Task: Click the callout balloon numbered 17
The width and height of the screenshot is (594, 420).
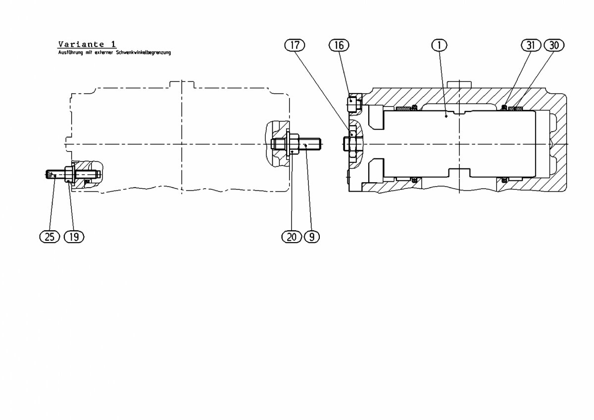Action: [295, 45]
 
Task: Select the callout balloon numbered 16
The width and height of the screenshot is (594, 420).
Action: [339, 45]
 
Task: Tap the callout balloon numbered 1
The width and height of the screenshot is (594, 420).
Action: [440, 45]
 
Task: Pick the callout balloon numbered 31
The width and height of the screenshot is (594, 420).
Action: [531, 45]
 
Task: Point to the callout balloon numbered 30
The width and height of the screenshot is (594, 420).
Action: [554, 45]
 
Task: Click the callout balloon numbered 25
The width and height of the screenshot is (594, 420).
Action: [49, 237]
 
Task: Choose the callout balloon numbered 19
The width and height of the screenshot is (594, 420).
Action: [74, 237]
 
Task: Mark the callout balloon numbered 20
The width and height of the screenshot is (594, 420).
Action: [292, 237]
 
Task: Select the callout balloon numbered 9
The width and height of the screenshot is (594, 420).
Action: [312, 237]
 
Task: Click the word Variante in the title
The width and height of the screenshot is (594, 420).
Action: [81, 44]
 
